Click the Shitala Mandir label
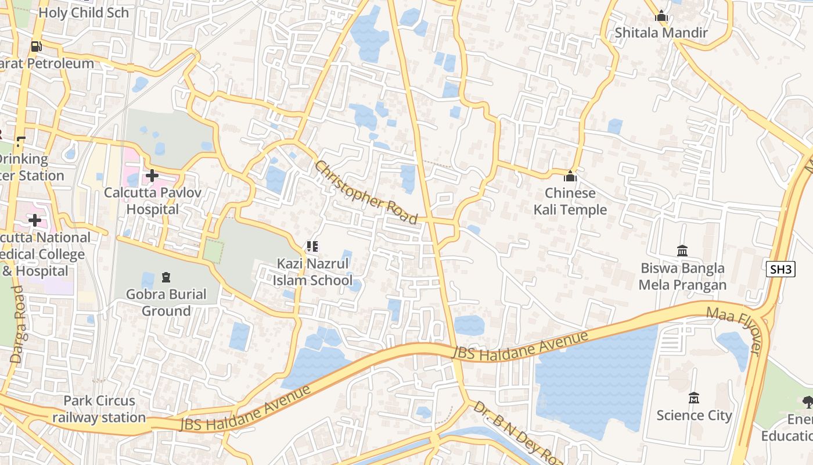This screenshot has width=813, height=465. point(661,33)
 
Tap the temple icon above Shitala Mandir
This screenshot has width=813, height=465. point(661,16)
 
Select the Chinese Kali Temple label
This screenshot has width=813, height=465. point(570,201)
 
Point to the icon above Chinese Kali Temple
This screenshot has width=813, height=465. point(570,176)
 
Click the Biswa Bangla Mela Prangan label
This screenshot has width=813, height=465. point(682,276)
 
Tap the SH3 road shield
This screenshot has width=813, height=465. point(780,269)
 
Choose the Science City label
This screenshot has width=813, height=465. point(693,415)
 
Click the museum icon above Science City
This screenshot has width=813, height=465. point(693,398)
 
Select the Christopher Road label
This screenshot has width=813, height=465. point(366,192)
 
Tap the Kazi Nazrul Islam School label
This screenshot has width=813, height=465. point(312,272)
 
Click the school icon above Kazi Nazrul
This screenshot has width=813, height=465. point(312,246)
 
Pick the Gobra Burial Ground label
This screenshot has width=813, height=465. point(166,302)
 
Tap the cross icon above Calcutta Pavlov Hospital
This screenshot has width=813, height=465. point(152,175)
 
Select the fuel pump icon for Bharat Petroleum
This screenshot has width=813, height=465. point(36,46)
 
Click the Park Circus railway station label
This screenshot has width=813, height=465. point(99,409)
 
